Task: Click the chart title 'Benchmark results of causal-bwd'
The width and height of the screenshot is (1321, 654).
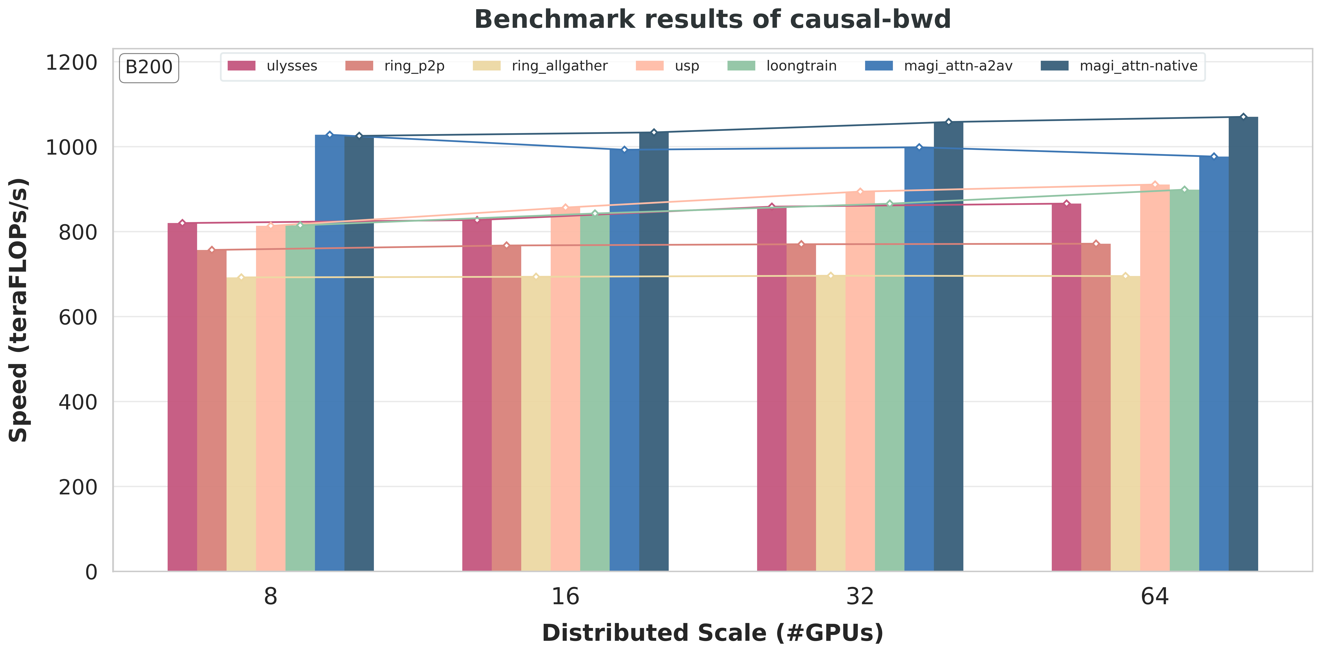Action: point(712,19)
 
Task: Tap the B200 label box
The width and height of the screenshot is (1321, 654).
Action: point(149,67)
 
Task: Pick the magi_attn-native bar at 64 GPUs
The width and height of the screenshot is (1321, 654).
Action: point(1243,344)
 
